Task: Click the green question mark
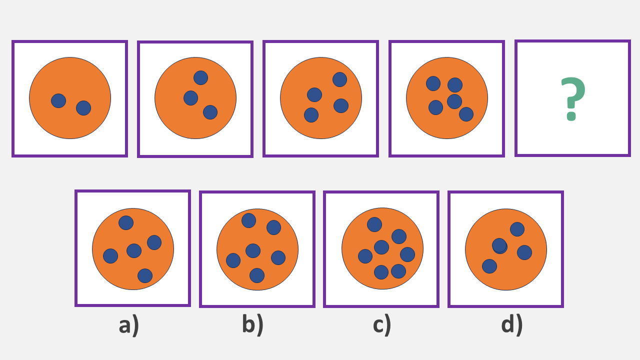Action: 572,99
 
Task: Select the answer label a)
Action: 128,325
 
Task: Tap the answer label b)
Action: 252,325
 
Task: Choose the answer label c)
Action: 381,325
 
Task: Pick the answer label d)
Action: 511,325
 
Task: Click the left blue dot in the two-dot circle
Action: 58,100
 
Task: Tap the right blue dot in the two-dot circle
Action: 83,108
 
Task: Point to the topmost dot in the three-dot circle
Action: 200,77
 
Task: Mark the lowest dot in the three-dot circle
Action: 210,112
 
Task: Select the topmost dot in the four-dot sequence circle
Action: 339,79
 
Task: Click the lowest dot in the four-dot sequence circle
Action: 311,115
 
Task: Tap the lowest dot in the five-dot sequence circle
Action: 466,114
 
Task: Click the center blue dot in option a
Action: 134,250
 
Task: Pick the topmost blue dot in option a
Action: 126,222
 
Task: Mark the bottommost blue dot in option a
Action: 145,275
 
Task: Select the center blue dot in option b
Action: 253,250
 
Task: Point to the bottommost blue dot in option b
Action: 257,275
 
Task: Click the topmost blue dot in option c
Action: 374,224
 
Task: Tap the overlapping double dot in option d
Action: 499,245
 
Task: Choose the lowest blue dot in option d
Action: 489,266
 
